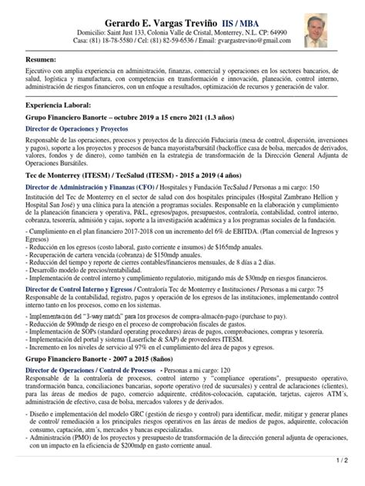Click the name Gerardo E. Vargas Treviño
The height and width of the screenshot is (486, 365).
[x=146, y=22]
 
